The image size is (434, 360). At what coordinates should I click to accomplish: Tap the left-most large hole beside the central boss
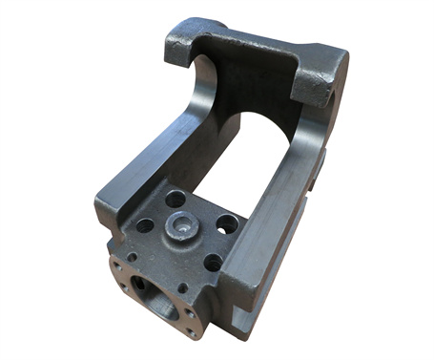click(x=145, y=226)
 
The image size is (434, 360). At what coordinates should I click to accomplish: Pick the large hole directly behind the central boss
click(x=176, y=199)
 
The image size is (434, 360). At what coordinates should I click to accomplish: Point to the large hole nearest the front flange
click(x=212, y=260)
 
